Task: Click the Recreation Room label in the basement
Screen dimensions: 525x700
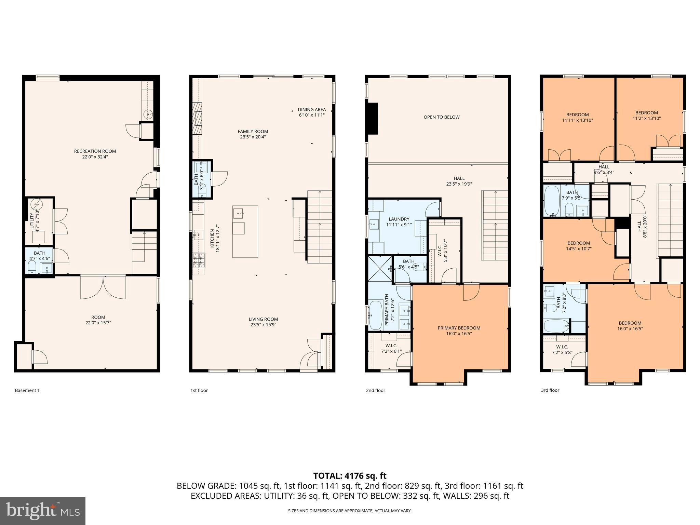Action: coord(95,151)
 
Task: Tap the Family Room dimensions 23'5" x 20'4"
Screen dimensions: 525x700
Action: coord(253,137)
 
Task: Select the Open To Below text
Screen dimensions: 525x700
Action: coord(441,117)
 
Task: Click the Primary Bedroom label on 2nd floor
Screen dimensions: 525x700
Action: coord(459,328)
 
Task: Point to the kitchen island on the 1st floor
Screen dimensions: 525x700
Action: coord(245,231)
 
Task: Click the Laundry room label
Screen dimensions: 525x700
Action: coord(399,219)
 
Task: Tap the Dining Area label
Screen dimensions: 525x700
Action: coord(311,110)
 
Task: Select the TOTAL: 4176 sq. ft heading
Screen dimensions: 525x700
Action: coord(350,476)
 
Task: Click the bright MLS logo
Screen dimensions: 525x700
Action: coord(43,511)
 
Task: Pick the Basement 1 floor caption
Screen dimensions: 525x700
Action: coord(27,390)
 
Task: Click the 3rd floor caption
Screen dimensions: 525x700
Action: coord(550,390)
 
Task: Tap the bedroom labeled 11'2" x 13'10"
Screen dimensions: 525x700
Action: coord(646,116)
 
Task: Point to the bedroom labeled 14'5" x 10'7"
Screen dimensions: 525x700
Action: coord(579,246)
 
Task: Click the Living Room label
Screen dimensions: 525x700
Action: coord(263,320)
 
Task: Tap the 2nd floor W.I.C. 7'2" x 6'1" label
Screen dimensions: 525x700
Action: coord(391,348)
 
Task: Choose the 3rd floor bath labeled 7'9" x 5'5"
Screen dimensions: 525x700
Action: coord(571,195)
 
